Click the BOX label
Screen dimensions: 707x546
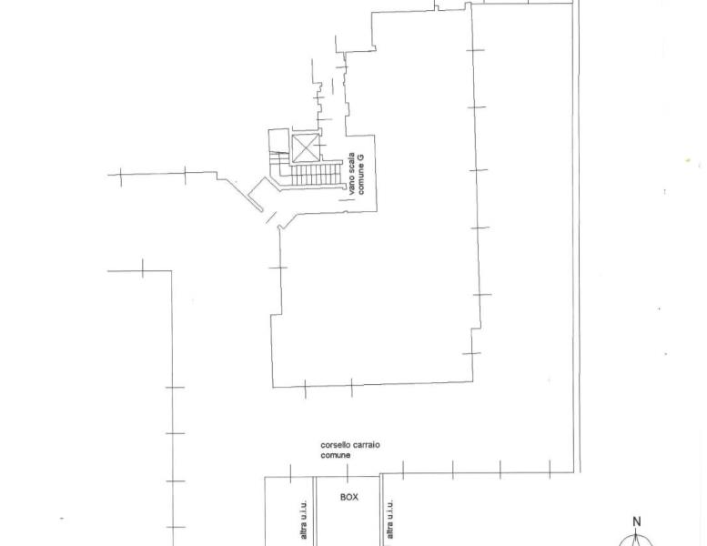pos(349,497)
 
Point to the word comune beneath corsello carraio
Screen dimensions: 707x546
pos(336,455)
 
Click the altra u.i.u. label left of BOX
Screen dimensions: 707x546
pos(303,519)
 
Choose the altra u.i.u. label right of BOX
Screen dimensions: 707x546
pos(390,519)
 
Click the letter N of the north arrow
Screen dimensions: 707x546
pos(637,521)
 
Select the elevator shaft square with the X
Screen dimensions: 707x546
pos(305,148)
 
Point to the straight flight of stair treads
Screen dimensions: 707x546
pos(315,174)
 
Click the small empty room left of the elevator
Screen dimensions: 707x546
pos(278,140)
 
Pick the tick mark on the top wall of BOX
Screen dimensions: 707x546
pos(348,471)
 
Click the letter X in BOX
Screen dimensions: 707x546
pos(355,497)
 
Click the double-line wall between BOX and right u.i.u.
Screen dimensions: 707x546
pos(381,510)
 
